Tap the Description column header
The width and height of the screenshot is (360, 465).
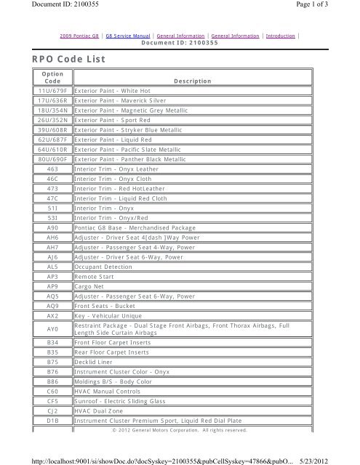pyautogui.click(x=192, y=81)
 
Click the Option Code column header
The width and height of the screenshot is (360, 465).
pyautogui.click(x=52, y=77)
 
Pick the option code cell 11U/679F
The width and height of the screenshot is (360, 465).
pyautogui.click(x=52, y=91)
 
